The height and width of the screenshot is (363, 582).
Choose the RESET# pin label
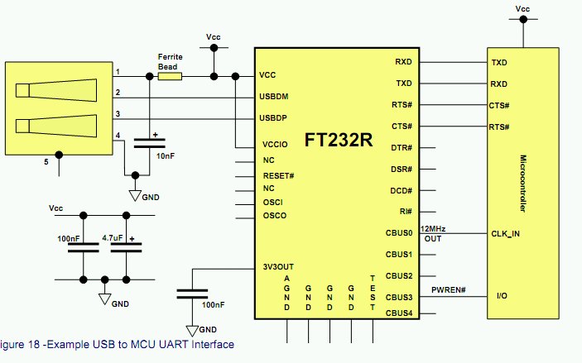(x=278, y=176)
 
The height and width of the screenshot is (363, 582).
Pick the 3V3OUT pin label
(x=277, y=268)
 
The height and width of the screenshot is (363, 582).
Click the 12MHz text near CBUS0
(x=435, y=228)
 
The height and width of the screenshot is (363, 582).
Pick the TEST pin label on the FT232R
(x=373, y=292)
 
